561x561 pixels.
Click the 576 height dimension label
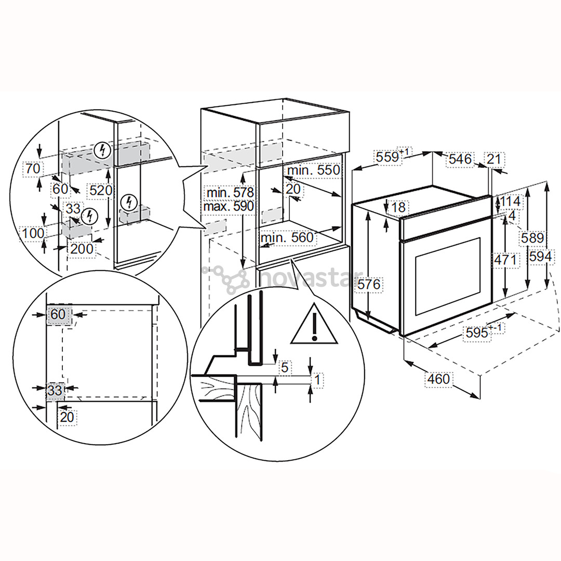pyautogui.click(x=369, y=285)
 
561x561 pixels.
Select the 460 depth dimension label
pyautogui.click(x=438, y=380)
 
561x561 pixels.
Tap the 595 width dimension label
pyautogui.click(x=477, y=332)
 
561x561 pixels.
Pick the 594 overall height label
pyautogui.click(x=540, y=256)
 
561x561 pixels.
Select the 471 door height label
pyautogui.click(x=505, y=259)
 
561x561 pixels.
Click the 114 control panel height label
pyautogui.click(x=510, y=201)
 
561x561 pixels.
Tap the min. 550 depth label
pyautogui.click(x=313, y=170)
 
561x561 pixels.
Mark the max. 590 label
pyautogui.click(x=229, y=206)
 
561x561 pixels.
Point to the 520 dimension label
pyautogui.click(x=100, y=190)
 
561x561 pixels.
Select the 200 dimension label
pyautogui.click(x=82, y=249)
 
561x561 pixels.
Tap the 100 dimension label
pyautogui.click(x=33, y=233)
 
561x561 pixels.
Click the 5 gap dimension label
pyautogui.click(x=284, y=367)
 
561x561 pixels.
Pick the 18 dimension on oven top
pyautogui.click(x=398, y=207)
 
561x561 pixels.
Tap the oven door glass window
pyautogui.click(x=447, y=276)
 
